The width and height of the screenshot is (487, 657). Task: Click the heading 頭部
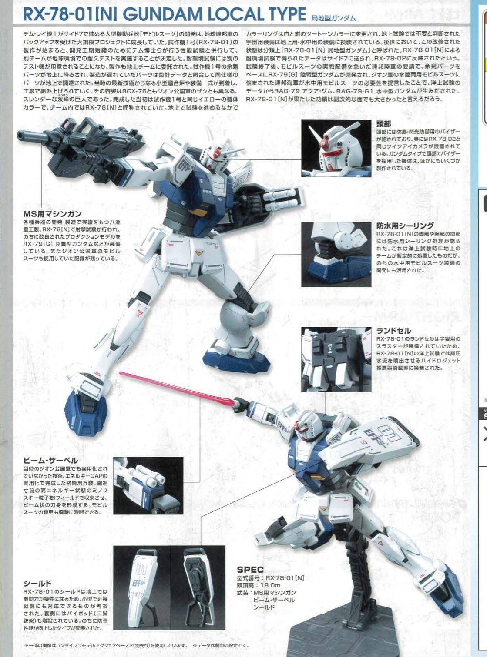click(x=384, y=124)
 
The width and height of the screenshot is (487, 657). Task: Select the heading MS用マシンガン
click(x=52, y=214)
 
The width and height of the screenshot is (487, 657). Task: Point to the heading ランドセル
click(x=393, y=331)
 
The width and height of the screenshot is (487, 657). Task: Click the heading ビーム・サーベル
click(x=51, y=460)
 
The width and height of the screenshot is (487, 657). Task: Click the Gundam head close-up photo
click(x=336, y=149)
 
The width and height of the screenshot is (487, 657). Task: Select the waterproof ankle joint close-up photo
click(x=336, y=254)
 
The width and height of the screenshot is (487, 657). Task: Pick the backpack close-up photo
click(x=336, y=359)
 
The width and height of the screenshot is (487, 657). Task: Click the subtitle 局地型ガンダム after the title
click(x=333, y=18)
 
